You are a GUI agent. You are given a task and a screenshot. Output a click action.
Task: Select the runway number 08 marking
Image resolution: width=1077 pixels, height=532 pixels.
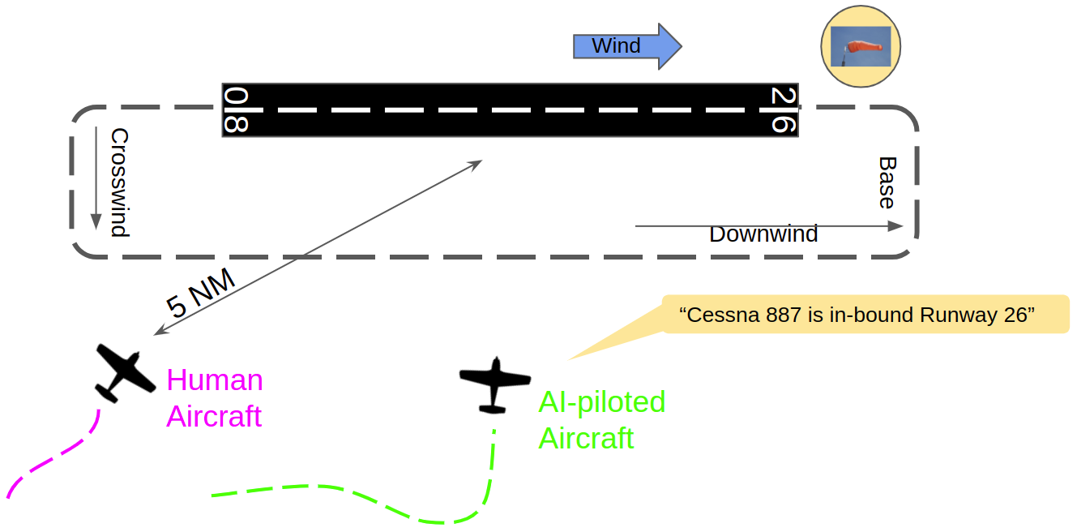click(x=236, y=110)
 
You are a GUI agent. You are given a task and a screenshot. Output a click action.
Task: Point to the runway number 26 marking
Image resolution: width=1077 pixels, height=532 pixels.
click(x=783, y=110)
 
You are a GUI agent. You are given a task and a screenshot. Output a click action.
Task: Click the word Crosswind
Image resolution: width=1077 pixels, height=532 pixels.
click(x=119, y=182)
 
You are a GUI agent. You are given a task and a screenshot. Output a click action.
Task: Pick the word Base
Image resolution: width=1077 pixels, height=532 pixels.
click(x=887, y=182)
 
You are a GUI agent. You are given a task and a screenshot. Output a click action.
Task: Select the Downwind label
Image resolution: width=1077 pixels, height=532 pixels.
click(x=763, y=234)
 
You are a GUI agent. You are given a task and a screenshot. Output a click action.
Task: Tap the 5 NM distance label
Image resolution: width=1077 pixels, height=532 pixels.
click(x=200, y=293)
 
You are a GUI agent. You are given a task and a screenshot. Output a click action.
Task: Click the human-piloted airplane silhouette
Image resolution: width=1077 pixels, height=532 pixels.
click(x=124, y=372)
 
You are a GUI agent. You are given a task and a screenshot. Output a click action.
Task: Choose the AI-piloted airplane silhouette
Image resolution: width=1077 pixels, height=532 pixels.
click(x=494, y=383)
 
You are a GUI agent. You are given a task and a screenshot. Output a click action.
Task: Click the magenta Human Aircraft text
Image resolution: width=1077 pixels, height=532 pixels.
click(x=215, y=397)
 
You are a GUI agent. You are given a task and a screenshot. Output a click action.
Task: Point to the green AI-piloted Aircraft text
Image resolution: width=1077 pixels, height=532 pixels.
click(x=601, y=419)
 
